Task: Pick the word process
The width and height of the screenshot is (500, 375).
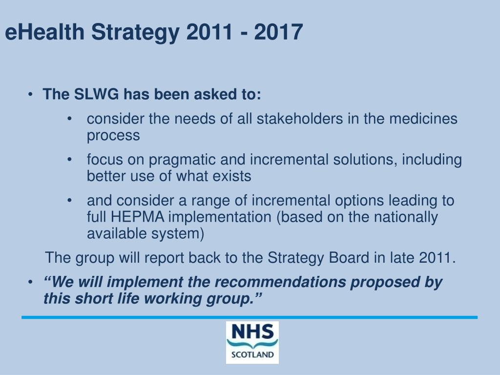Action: click(113, 136)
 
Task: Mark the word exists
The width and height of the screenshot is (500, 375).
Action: click(232, 176)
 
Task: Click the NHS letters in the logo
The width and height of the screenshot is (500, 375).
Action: click(252, 333)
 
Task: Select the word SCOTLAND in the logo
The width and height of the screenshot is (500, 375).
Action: click(252, 354)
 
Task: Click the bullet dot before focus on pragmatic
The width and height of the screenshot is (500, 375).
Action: click(71, 160)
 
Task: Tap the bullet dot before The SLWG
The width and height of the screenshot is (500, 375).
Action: click(31, 94)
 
